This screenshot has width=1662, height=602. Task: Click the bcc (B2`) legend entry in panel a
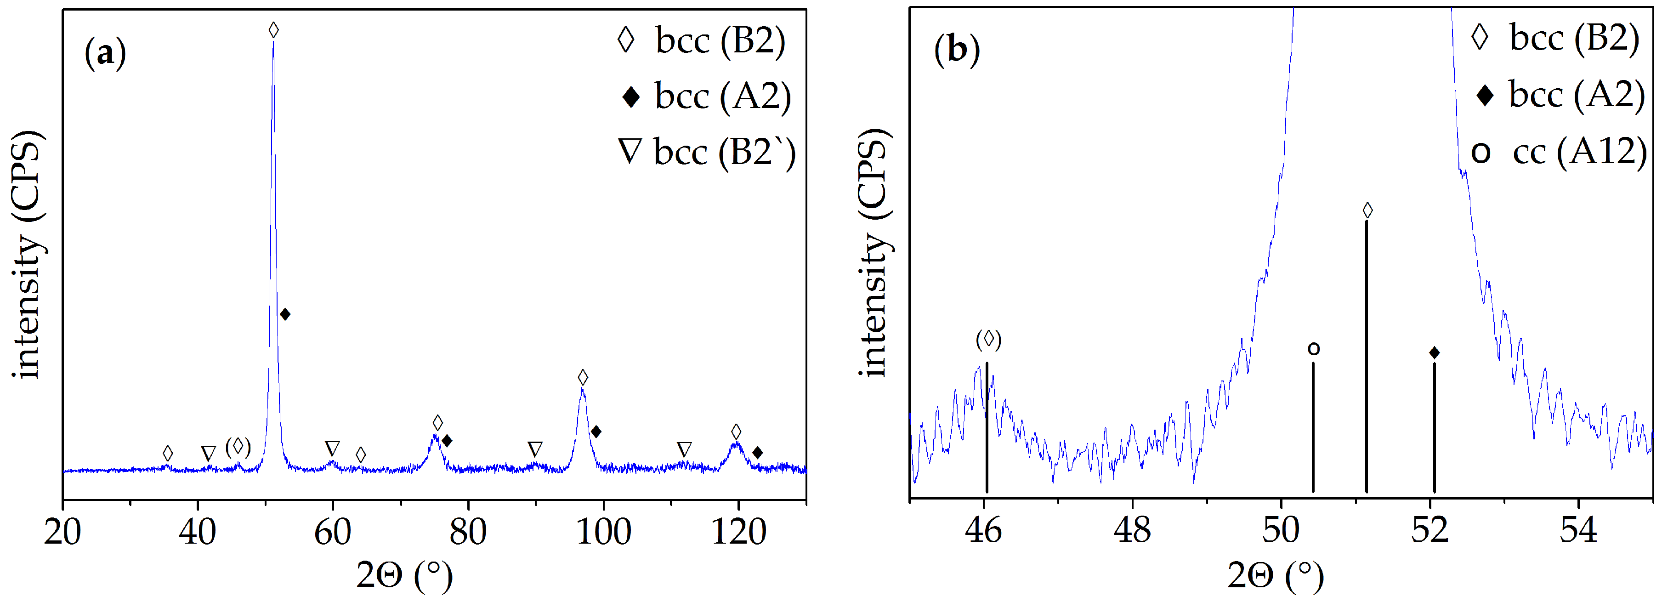707,152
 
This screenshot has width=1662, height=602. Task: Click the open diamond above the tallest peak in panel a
273,30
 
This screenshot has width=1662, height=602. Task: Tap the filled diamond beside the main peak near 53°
285,314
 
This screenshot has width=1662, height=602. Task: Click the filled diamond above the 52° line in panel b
1434,352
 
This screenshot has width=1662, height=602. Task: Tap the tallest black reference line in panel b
1367,355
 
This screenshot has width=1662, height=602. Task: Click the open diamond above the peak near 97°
583,377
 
